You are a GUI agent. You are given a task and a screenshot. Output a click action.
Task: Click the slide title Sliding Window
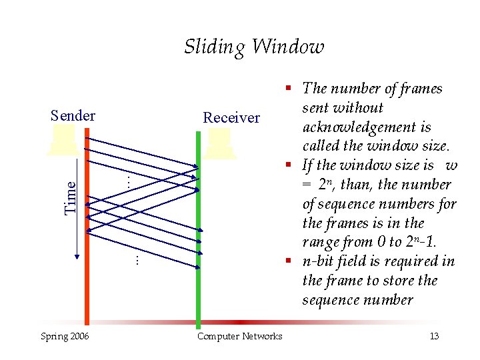254,47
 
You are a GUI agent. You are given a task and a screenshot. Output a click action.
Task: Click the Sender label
73,115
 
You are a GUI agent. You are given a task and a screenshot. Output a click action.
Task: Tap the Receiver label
231,118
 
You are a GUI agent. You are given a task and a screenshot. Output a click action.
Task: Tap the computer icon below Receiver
220,144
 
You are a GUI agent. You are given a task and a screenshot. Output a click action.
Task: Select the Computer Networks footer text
240,336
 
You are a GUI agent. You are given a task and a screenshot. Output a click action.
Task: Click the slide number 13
434,336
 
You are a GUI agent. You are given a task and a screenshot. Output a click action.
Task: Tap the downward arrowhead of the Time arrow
78,255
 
